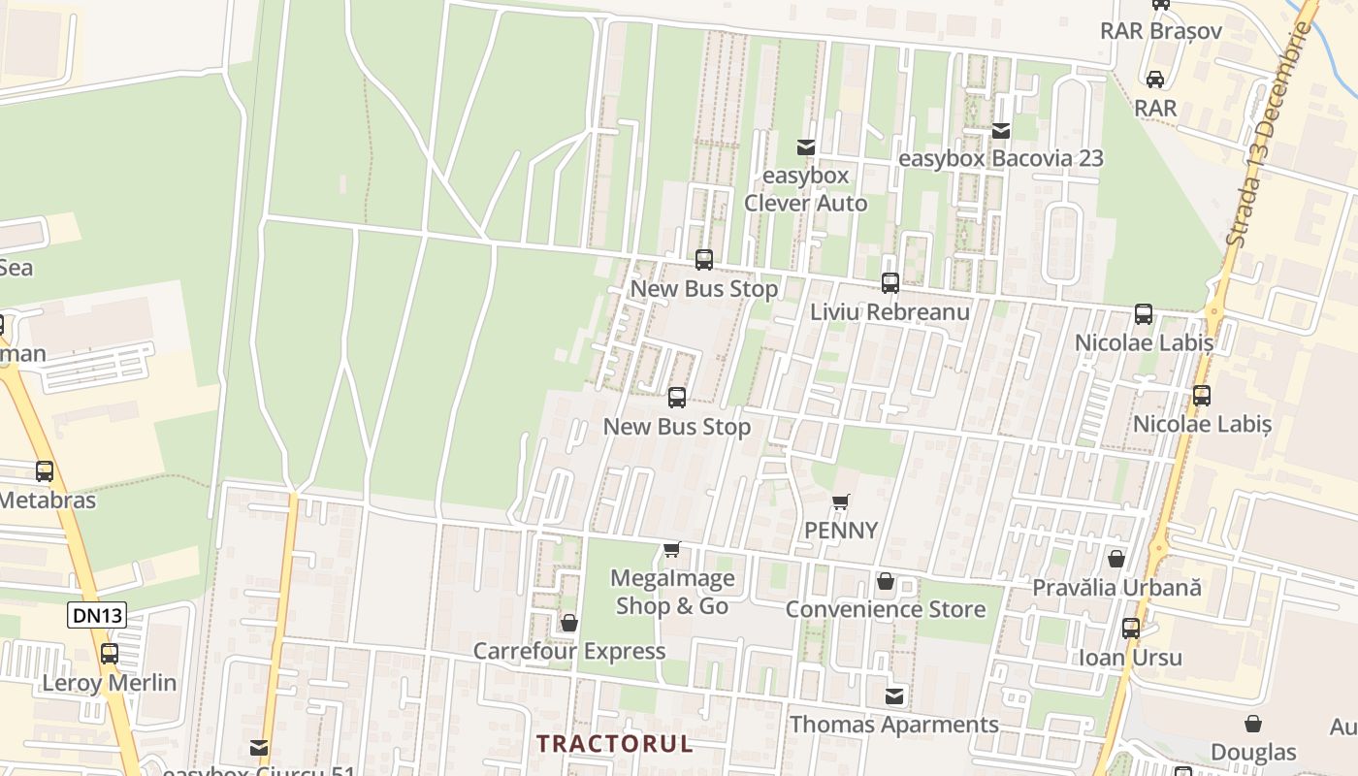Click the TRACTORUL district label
tap(615, 744)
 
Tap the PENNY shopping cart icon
tap(841, 502)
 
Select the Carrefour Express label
tap(569, 651)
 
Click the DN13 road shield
tap(97, 614)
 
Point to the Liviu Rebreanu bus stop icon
tap(890, 283)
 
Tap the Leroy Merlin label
tap(110, 683)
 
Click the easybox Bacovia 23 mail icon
tap(1001, 130)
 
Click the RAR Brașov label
tap(1160, 31)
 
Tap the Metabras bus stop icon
tap(45, 471)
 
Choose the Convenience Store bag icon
tap(885, 581)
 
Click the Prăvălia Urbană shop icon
tap(1116, 559)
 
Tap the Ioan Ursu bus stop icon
tap(1131, 628)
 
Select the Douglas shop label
tap(1253, 753)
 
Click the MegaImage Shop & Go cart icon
tap(671, 550)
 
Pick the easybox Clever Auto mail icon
tap(805, 147)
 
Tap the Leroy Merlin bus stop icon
tap(110, 654)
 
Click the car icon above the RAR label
tap(1155, 79)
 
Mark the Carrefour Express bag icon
tap(569, 623)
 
